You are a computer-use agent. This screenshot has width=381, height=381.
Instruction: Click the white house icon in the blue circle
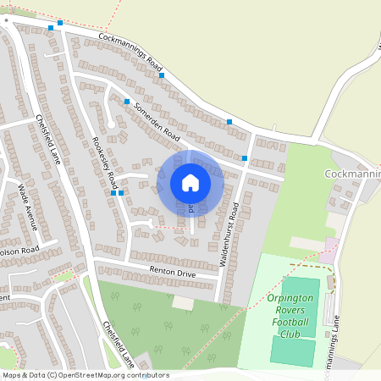tap(190, 182)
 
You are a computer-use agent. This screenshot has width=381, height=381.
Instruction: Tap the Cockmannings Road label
tap(130, 52)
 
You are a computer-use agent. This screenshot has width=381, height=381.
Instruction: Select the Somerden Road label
tap(157, 123)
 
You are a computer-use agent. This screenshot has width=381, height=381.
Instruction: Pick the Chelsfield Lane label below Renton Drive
tap(118, 343)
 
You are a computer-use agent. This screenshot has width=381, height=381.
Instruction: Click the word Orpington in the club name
tap(290, 299)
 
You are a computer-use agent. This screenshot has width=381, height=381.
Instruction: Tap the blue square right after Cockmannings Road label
tap(161, 75)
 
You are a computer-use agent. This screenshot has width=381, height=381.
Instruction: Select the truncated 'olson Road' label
tap(19, 251)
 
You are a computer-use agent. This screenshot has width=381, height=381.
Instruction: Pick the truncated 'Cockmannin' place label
tap(352, 174)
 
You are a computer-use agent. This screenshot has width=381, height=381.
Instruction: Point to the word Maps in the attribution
tap(13, 375)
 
